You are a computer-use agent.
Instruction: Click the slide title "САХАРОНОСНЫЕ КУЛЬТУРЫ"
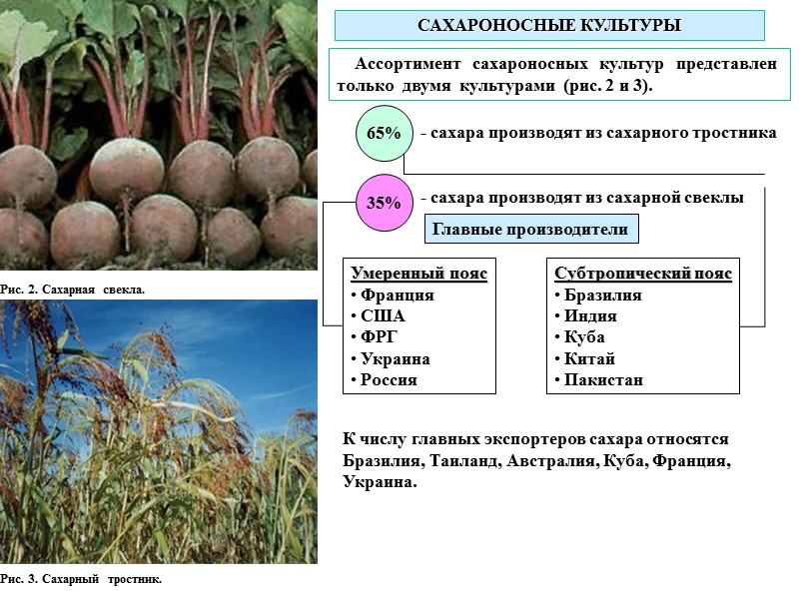tap(548, 24)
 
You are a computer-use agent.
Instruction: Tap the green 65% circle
tap(384, 134)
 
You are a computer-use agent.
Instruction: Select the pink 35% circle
tap(384, 203)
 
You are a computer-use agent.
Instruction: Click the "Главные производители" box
tap(531, 230)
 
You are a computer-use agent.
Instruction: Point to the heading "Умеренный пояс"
tap(419, 274)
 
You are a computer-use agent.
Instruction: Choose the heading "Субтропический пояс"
tap(643, 274)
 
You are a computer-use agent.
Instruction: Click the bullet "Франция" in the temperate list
tap(397, 296)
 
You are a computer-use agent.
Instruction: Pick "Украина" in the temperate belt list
tap(395, 359)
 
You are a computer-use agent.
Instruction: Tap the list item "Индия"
tap(590, 316)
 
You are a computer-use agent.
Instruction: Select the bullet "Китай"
tap(589, 359)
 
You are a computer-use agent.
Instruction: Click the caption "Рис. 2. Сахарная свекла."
tap(73, 290)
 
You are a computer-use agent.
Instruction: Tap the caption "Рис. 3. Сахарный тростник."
tap(81, 579)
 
